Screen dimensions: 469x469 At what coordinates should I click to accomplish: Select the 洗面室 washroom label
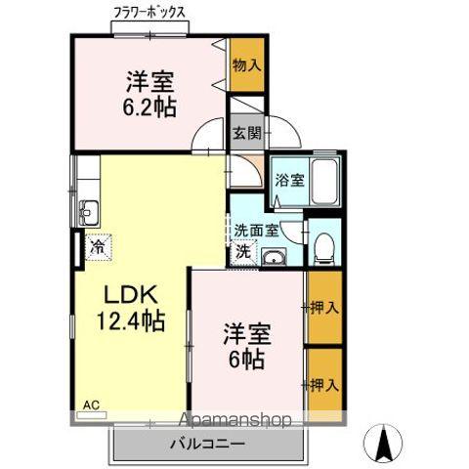[256, 231]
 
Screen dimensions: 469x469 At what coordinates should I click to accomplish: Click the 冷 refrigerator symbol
[98, 248]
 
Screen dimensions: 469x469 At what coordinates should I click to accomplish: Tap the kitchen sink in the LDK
[89, 209]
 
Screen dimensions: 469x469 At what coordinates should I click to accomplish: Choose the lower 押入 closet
[323, 384]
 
